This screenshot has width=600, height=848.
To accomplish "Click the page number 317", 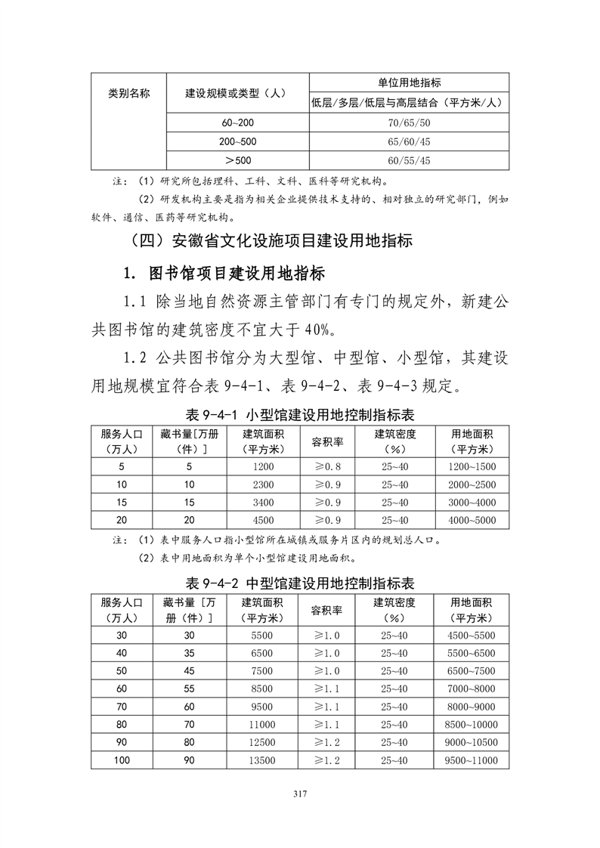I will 301,794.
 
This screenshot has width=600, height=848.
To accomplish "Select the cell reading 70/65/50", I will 409,122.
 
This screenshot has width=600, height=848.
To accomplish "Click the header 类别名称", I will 128,93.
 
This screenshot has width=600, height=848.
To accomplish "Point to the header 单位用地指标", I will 409,82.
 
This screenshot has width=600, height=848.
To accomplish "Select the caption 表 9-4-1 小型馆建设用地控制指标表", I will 300,416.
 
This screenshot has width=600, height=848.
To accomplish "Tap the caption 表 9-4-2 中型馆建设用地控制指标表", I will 300,583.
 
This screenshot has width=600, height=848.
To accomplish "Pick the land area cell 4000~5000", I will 472,520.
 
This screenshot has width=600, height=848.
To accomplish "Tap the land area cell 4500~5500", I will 472,635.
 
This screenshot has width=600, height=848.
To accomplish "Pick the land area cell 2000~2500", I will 472,484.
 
